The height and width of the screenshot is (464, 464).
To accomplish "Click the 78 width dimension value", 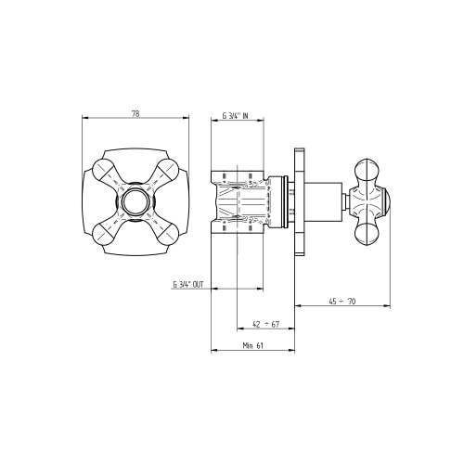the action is click(135, 114).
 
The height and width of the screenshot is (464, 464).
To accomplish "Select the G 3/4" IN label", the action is click(235, 116).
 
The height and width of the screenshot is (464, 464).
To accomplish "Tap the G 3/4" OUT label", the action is click(188, 285).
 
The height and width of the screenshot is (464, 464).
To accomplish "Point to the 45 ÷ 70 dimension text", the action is click(342, 301).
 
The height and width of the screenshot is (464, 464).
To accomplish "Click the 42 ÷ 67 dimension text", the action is click(266, 324).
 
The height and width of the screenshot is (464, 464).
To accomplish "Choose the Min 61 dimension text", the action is click(252, 345).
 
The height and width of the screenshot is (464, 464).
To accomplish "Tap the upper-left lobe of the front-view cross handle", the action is click(104, 170).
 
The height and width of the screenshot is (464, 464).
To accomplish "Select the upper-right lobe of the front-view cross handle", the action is click(167, 170).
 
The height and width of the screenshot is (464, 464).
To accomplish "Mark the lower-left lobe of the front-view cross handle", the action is click(104, 234).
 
